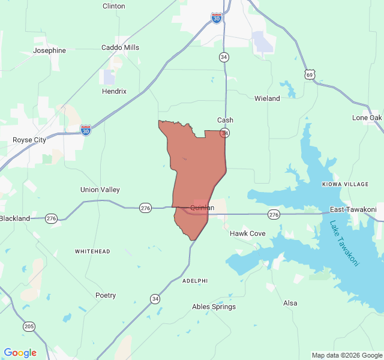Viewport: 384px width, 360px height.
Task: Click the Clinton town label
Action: [114, 6]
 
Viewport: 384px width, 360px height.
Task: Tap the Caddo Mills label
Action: [120, 47]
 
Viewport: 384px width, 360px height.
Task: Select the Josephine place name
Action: [49, 51]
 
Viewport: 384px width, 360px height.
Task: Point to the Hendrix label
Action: [114, 91]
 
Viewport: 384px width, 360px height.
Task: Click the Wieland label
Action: [267, 98]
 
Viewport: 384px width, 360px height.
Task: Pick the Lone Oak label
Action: [367, 118]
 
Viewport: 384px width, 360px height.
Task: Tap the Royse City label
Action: [29, 140]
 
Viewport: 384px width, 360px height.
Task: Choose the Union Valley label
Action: [100, 190]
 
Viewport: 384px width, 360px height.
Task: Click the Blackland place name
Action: [15, 218]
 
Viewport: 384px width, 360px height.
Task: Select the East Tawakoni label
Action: [353, 209]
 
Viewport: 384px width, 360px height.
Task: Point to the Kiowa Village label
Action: [345, 184]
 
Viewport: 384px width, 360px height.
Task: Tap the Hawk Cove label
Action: [248, 233]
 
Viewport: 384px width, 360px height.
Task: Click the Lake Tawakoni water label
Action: [344, 244]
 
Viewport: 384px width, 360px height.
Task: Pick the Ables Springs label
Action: [214, 307]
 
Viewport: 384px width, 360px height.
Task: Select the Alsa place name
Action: [290, 303]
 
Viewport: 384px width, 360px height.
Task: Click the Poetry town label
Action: [106, 295]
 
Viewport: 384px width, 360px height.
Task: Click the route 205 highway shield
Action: [29, 326]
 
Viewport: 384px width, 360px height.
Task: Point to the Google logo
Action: [20, 353]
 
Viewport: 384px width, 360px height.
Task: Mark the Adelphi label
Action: [195, 280]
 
